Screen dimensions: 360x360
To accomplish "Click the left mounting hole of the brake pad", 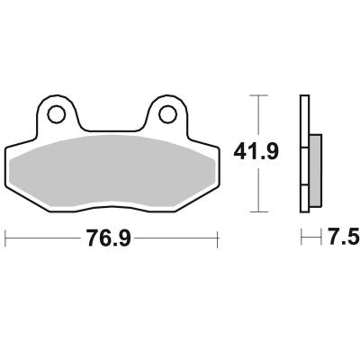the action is click(x=56, y=114).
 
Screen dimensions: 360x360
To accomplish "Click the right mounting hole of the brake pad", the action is click(x=167, y=114).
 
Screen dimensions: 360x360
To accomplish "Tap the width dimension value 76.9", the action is click(x=108, y=238).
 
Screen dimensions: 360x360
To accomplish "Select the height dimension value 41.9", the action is click(x=256, y=151).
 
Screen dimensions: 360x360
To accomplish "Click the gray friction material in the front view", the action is click(x=112, y=171).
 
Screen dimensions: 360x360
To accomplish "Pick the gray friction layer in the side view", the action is click(x=315, y=171).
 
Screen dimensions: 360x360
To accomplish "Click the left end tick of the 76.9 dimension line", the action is click(x=5, y=238).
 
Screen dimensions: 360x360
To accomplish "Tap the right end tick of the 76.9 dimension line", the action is click(x=218, y=238).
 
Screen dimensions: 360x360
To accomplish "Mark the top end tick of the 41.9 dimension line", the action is click(x=258, y=95).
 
